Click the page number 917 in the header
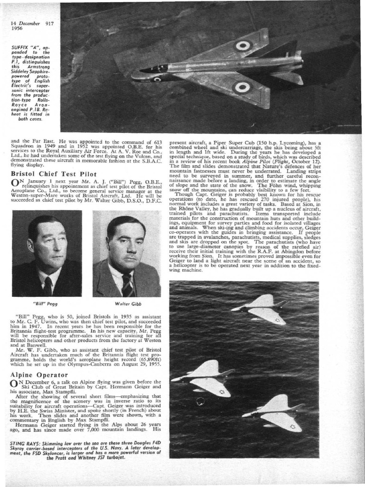point(49,23)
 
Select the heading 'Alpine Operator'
point(38,375)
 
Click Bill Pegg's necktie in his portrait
point(48,286)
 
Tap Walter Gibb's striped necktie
point(127,285)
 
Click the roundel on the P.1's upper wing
point(243,46)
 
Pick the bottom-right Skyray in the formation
point(275,412)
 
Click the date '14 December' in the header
point(26,23)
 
